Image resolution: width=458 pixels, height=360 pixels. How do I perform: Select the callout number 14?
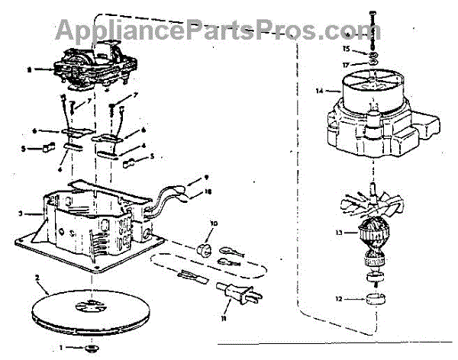[318, 90]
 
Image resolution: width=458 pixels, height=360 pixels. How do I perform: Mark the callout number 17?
[346, 65]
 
